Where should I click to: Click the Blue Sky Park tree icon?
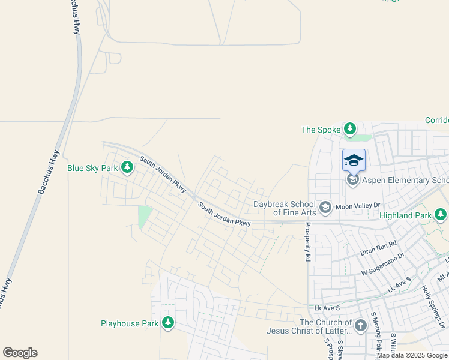(x=127, y=167)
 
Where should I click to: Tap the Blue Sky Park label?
(x=92, y=169)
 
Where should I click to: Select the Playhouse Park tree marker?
(x=168, y=323)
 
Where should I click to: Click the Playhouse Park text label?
(x=130, y=324)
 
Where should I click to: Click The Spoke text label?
(x=320, y=130)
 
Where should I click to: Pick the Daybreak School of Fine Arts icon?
(x=325, y=208)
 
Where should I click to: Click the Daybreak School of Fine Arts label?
(x=285, y=208)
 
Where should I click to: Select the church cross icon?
(x=360, y=326)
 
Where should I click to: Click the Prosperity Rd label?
(x=307, y=242)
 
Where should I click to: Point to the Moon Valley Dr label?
(x=358, y=206)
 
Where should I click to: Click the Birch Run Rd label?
(x=379, y=248)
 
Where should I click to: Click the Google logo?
(x=20, y=353)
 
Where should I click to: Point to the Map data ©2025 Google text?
(x=412, y=355)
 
